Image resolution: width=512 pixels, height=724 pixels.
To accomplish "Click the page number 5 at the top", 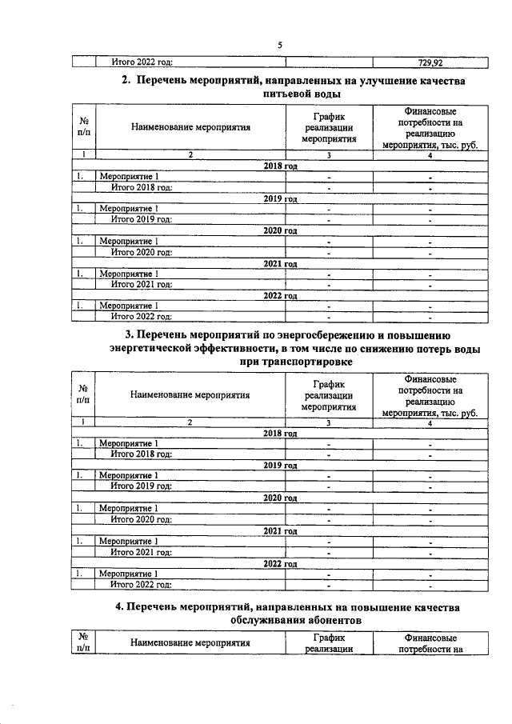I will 279,45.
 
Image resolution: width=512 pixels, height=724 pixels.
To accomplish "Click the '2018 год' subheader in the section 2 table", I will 280,165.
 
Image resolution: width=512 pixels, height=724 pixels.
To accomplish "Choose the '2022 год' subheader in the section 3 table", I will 280,563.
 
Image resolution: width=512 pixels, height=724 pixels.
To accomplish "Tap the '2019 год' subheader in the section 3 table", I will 280,464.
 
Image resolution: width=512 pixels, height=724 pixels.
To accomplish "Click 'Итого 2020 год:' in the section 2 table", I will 142,252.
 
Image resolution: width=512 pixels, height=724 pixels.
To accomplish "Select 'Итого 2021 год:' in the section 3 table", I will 142,552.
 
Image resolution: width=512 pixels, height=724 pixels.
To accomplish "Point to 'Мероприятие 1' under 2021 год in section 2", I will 128,274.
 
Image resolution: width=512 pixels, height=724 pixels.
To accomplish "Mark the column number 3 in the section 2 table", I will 329,154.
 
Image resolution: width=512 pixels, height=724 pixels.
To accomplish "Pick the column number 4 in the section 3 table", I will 430,422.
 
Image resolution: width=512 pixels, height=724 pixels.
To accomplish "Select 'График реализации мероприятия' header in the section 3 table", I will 329,394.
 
